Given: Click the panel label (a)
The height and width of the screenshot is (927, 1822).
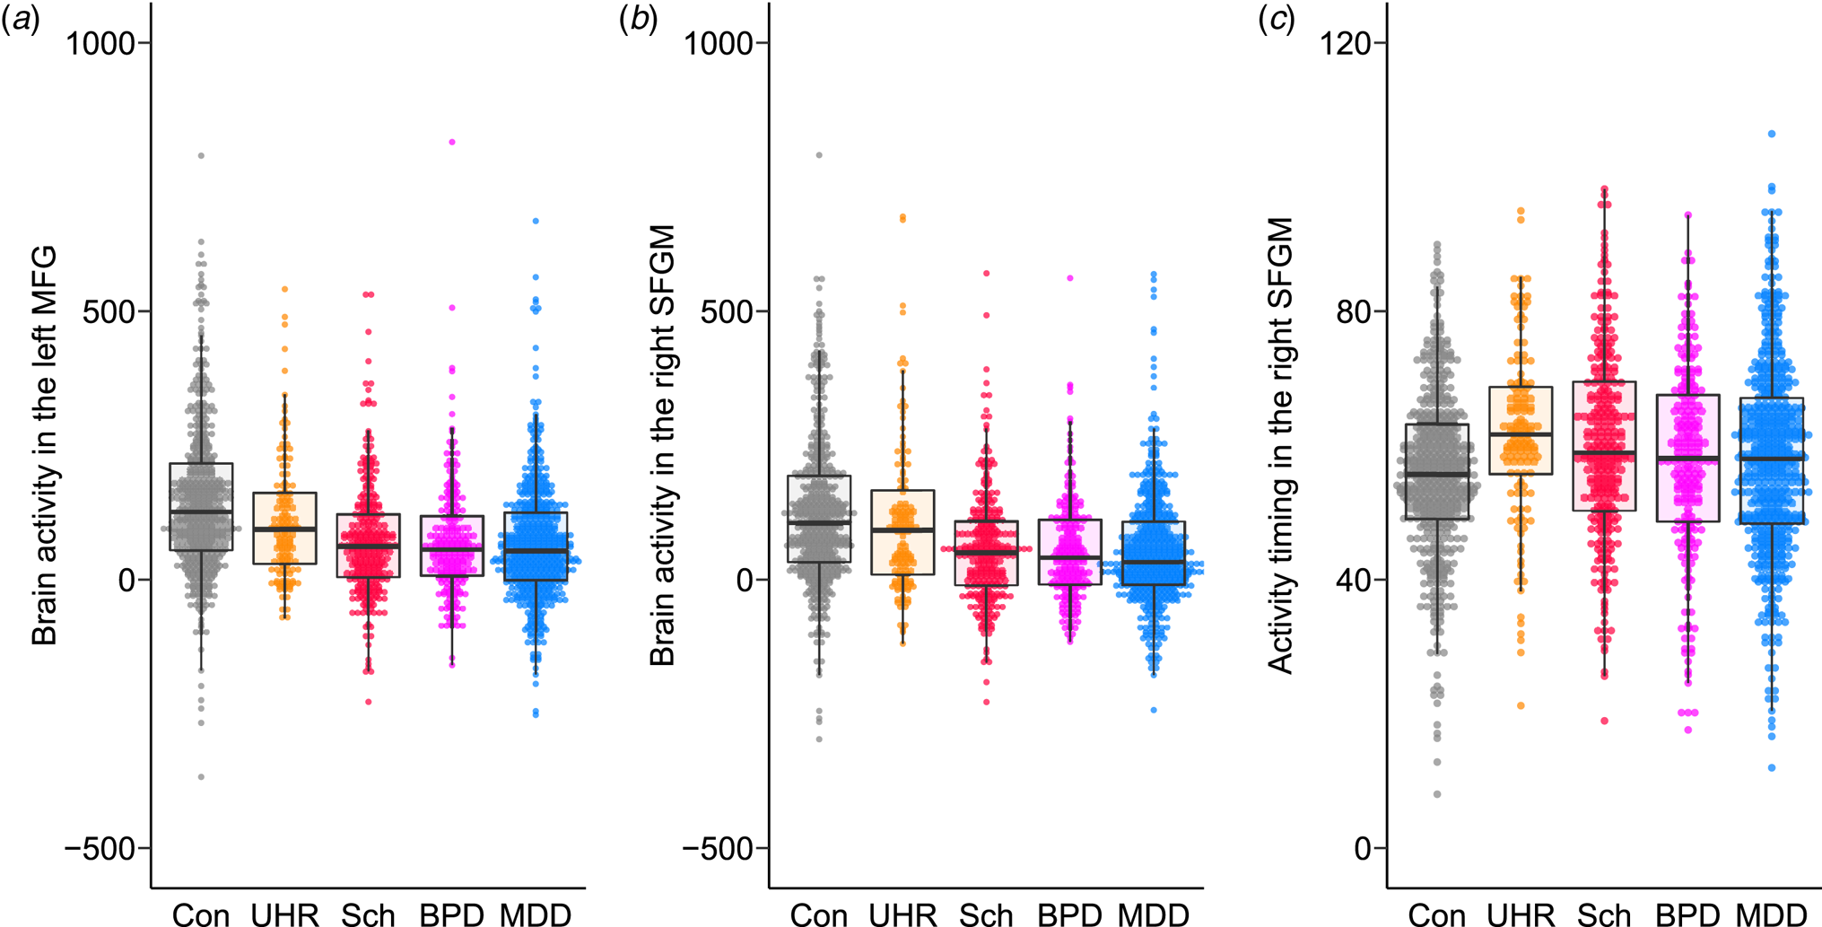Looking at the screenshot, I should [20, 21].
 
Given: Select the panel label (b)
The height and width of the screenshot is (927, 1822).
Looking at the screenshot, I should [639, 21].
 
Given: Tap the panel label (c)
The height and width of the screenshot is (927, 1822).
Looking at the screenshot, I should [1277, 21].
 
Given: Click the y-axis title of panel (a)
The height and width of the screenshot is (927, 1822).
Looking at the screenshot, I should [44, 446].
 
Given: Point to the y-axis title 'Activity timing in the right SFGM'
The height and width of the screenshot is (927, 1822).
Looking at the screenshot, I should [1280, 446].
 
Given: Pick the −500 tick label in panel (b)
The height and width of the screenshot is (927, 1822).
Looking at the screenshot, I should [719, 848].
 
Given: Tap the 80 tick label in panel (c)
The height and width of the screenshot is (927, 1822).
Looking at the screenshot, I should [1356, 311].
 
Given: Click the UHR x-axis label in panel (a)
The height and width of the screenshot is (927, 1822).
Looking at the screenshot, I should [284, 914].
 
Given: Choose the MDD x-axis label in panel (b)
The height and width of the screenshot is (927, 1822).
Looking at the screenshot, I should [1154, 914].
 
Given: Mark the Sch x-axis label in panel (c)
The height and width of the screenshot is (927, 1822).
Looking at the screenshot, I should [1604, 914].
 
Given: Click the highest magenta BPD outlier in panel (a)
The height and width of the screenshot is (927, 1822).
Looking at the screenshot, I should [452, 142].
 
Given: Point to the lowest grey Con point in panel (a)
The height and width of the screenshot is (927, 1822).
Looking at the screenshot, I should [201, 777].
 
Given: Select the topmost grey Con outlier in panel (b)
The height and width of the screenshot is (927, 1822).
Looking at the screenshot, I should [819, 155].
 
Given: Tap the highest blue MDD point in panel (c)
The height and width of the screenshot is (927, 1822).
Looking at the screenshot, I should [1772, 134].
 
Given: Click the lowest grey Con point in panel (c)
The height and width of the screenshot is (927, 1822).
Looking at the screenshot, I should [1437, 794].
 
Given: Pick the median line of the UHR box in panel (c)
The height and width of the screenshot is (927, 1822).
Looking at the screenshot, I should [1521, 434].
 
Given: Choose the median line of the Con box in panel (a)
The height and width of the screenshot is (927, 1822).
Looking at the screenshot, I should [201, 512].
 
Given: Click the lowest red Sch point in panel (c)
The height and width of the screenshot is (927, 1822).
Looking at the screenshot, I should [1604, 721].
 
